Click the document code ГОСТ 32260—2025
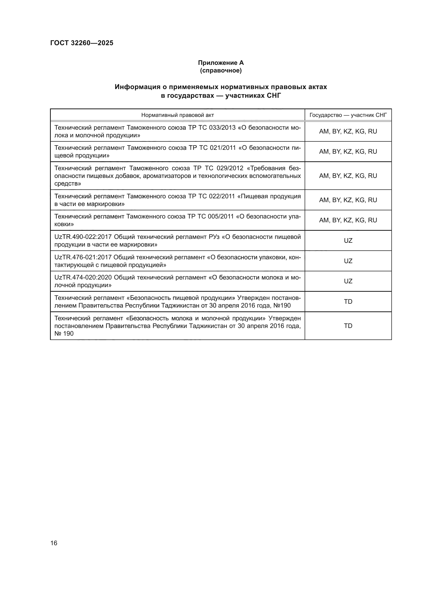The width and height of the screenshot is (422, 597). click(82, 43)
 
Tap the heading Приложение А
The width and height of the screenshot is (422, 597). click(221, 63)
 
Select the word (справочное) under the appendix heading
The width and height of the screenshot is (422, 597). click(221, 70)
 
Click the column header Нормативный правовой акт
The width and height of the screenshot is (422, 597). click(178, 115)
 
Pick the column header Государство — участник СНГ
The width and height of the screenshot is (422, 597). click(348, 115)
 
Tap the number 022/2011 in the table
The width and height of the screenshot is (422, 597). click(222, 196)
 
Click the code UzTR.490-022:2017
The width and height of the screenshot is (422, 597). click(83, 237)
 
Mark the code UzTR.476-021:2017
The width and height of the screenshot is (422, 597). click(83, 257)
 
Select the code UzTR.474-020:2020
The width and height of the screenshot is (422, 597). click(83, 277)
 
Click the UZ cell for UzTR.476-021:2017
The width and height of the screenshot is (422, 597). click(348, 261)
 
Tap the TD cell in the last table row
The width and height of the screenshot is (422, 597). click(348, 326)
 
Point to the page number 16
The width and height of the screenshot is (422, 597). click(54, 543)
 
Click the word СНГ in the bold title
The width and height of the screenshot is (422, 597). click(274, 96)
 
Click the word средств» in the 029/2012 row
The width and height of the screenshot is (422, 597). click(68, 184)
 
